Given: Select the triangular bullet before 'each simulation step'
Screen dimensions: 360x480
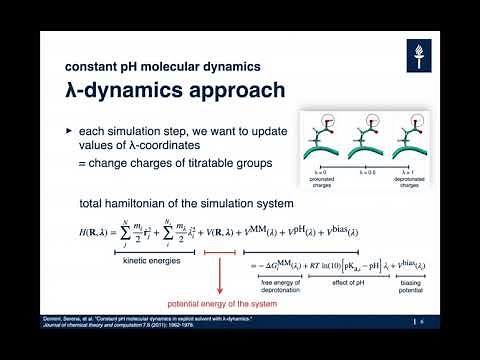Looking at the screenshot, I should point(69,131).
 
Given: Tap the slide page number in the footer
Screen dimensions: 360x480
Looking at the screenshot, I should point(423,322).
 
